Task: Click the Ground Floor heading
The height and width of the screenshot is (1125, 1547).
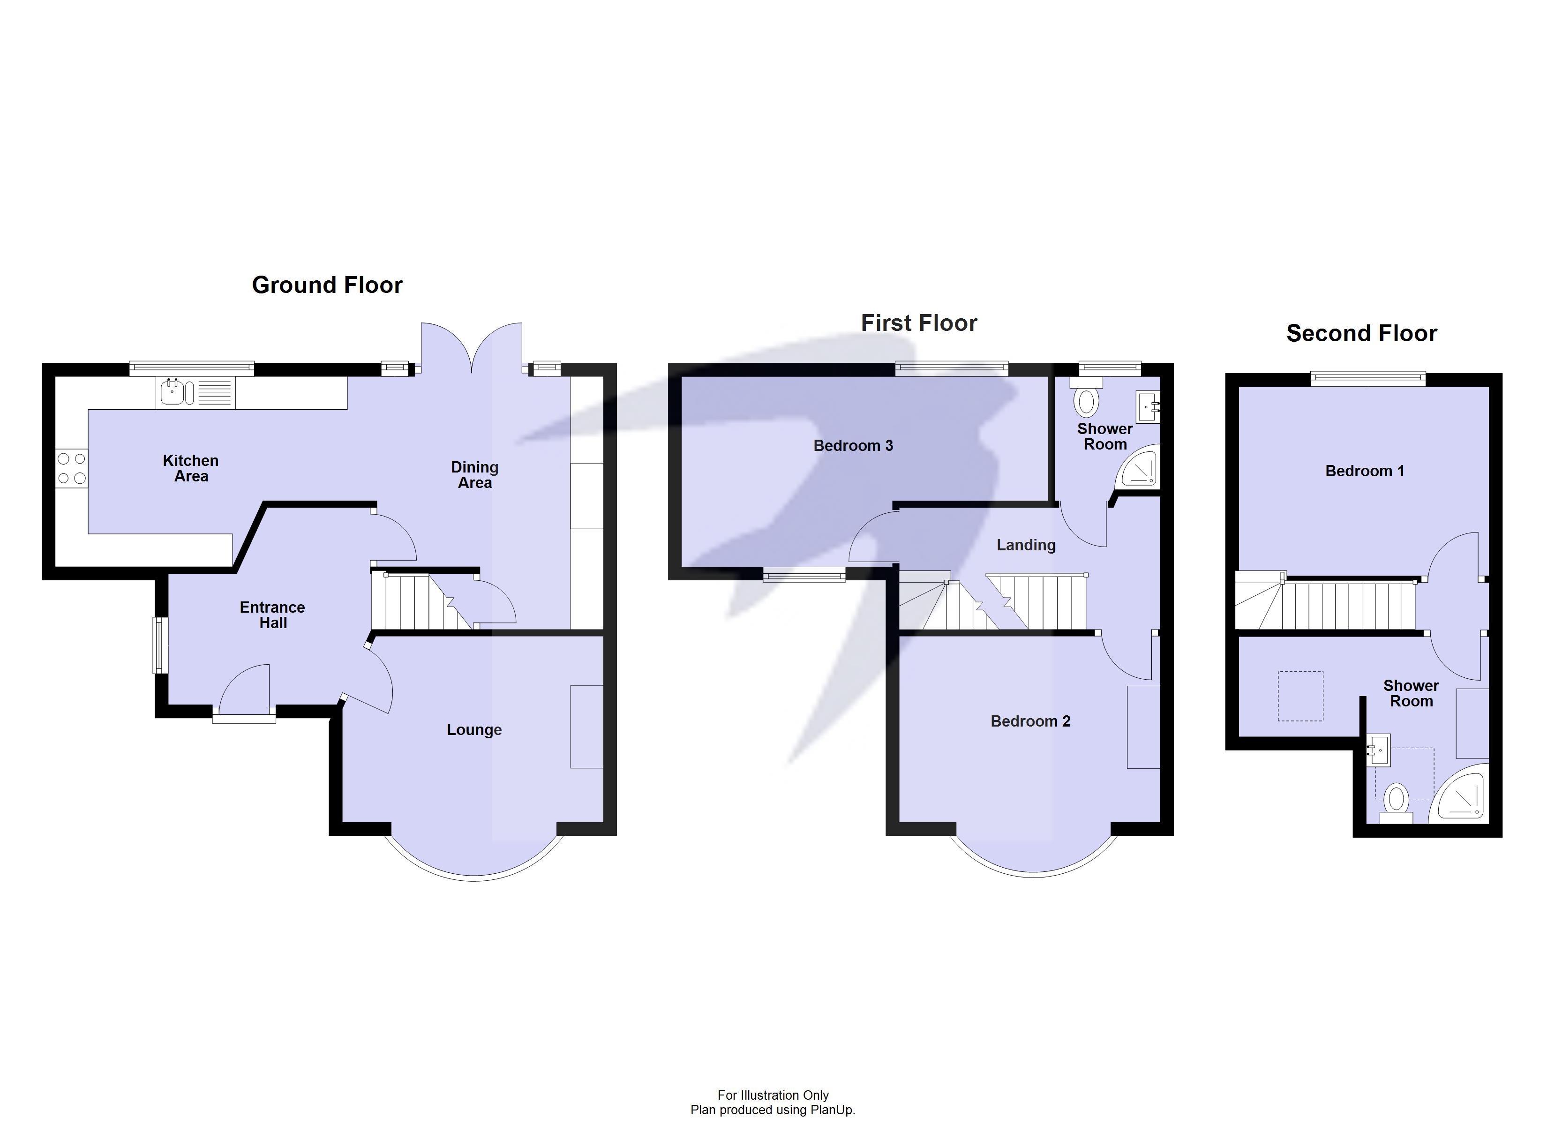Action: pyautogui.click(x=327, y=285)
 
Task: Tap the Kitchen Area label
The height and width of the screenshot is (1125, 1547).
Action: pyautogui.click(x=191, y=469)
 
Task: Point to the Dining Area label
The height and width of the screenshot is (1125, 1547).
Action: pyautogui.click(x=475, y=475)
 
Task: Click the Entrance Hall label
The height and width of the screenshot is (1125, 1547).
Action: pyautogui.click(x=272, y=615)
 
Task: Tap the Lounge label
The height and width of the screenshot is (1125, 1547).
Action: pyautogui.click(x=474, y=730)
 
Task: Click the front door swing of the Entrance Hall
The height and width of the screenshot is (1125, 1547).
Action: pyautogui.click(x=246, y=689)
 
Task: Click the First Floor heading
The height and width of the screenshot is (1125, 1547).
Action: pyautogui.click(x=919, y=323)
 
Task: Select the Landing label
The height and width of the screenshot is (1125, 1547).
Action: pyautogui.click(x=1026, y=545)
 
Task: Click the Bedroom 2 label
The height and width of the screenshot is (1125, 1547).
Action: pyautogui.click(x=1030, y=721)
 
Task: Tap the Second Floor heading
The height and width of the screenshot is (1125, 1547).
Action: pyautogui.click(x=1361, y=334)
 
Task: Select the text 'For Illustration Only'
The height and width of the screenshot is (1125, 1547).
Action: pyautogui.click(x=773, y=1095)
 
